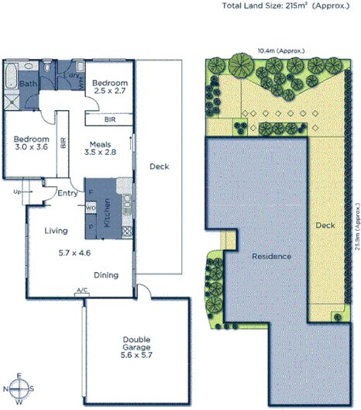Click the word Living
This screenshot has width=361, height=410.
coord(57,230)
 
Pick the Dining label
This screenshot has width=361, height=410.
coord(107,274)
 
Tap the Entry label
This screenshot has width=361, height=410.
coord(67,194)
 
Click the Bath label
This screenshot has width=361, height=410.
coord(29,84)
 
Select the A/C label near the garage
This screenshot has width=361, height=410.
coord(81,291)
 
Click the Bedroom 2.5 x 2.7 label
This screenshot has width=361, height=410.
coord(108,85)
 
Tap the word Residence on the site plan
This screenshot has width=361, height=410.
coord(270,256)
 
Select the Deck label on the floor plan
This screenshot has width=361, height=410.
coord(159,166)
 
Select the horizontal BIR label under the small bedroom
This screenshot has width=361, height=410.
coord(111,119)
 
